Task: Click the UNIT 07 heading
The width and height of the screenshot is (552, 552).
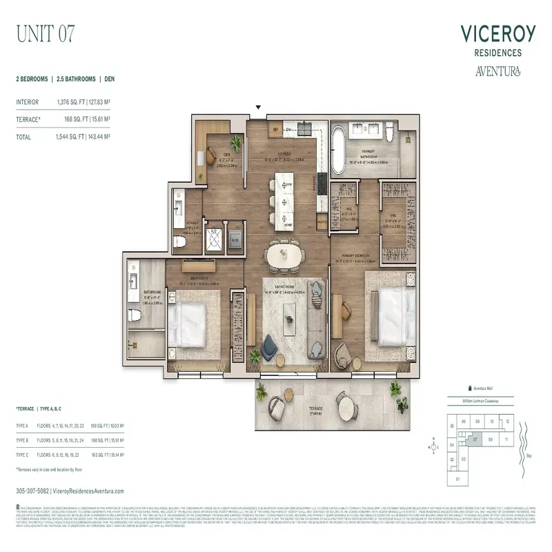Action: coord(45,33)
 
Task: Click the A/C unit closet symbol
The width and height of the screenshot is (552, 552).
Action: coord(213,238)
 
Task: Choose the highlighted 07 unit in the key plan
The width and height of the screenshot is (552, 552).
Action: coord(476,439)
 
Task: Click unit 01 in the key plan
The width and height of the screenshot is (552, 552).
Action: coord(456,478)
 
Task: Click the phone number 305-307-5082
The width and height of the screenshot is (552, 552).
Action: coord(34,490)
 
